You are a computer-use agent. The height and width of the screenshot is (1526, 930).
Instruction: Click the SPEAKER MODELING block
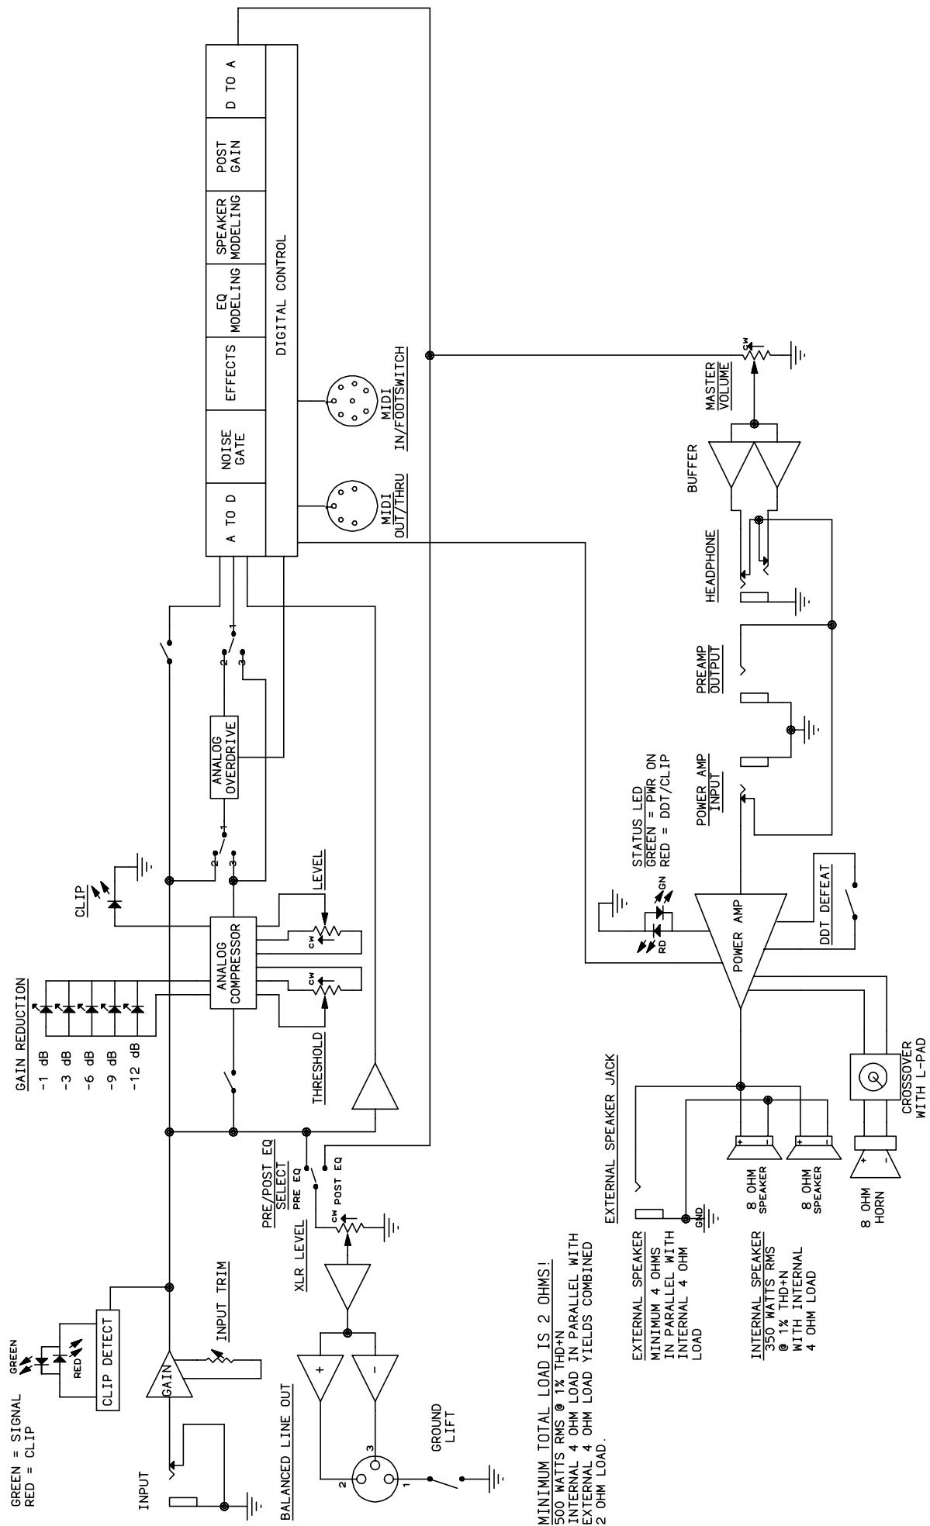click(x=235, y=226)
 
